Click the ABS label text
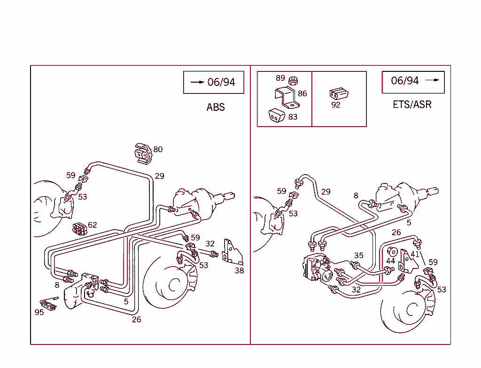(x=216, y=107)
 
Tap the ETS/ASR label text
(x=412, y=104)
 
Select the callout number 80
(x=158, y=149)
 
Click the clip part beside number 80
(x=143, y=153)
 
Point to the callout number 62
(x=93, y=225)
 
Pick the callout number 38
(x=239, y=270)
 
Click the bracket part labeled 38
(x=233, y=253)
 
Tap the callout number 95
(x=39, y=312)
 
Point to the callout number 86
(x=302, y=93)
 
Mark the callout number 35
(x=359, y=255)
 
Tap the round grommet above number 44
(x=392, y=251)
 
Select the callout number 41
(x=414, y=254)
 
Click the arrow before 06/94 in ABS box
(x=197, y=82)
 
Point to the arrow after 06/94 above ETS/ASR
(x=432, y=80)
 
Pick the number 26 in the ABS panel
(x=136, y=320)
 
